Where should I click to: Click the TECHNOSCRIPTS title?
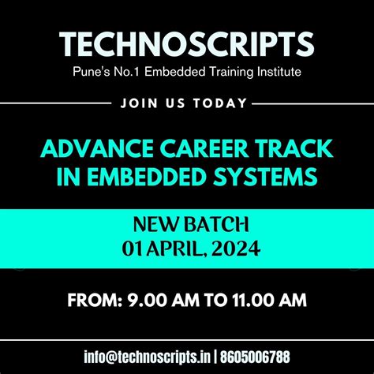coord(187,45)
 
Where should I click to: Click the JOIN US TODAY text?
coord(186,103)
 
